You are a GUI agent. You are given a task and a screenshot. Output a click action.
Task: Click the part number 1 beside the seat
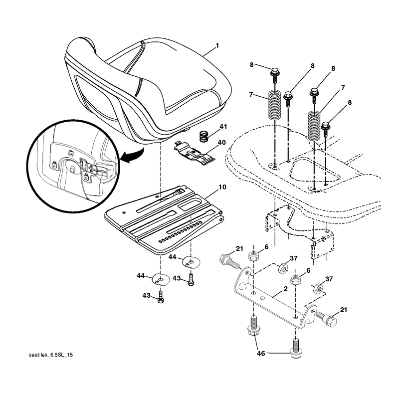click(x=217, y=45)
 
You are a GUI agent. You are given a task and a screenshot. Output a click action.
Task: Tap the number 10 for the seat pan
click(x=222, y=187)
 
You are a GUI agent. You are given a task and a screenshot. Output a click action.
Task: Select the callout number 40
click(x=222, y=143)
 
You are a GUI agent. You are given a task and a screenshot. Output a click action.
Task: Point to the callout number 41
click(x=223, y=127)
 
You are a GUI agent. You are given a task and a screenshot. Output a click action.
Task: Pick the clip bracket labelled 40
click(x=195, y=154)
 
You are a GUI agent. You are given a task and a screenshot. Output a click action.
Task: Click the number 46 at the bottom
click(x=261, y=353)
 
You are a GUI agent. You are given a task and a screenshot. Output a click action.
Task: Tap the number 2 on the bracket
click(x=285, y=289)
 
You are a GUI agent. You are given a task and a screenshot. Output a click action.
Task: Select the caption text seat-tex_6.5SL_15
click(x=51, y=355)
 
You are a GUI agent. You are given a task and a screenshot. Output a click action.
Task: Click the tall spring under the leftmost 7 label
click(x=275, y=105)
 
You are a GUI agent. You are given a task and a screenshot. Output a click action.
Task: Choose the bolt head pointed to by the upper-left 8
click(x=275, y=71)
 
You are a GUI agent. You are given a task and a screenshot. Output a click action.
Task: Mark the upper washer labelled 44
click(x=191, y=262)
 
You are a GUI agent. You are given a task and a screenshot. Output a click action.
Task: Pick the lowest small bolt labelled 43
click(x=161, y=297)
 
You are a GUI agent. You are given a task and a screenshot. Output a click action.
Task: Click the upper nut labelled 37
click(x=283, y=268)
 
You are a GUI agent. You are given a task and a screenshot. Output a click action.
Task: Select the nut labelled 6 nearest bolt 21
click(x=253, y=255)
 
